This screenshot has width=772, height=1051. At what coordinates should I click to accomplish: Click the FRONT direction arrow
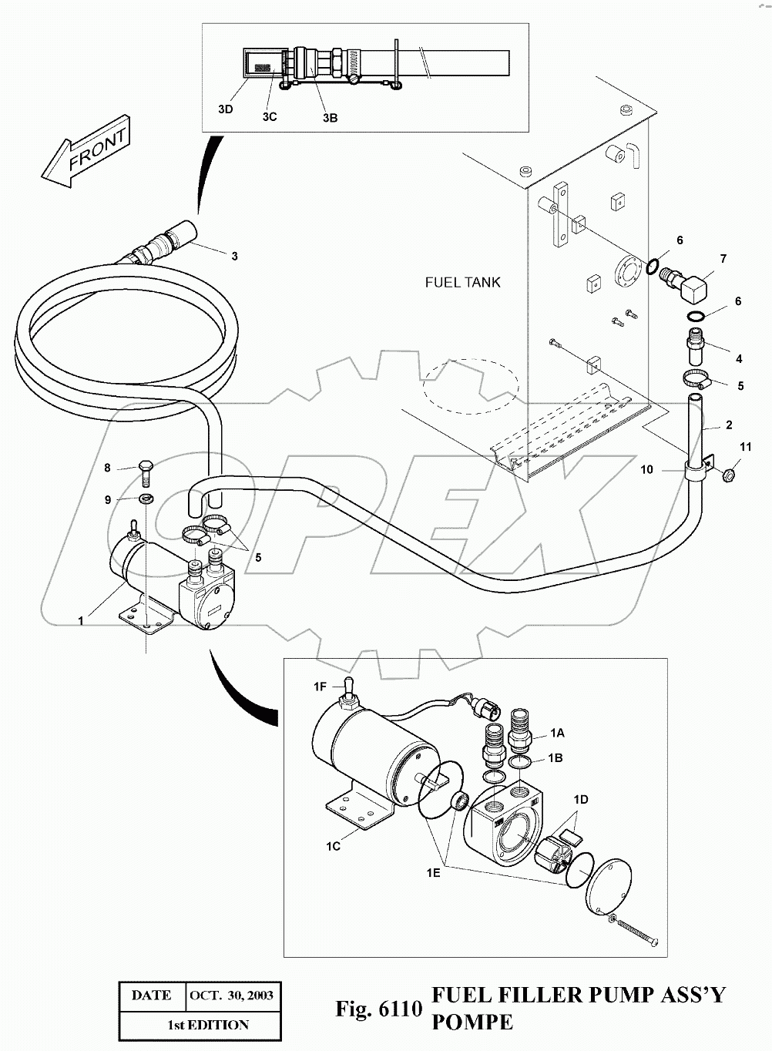86,152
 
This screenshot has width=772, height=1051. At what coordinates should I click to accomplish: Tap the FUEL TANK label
462,282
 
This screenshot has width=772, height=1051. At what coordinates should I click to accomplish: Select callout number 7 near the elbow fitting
723,259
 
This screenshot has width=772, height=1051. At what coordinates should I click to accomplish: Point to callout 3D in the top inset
226,109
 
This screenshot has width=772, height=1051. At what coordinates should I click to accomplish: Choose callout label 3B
331,118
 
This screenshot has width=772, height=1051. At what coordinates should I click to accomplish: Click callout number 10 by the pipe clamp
646,469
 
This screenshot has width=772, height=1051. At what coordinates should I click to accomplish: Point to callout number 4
739,359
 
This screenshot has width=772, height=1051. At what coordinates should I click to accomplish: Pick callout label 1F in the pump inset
320,687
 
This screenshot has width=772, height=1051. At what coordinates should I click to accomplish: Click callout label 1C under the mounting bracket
333,847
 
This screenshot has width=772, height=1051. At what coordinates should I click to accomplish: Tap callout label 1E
433,873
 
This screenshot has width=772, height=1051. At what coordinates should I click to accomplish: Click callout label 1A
557,733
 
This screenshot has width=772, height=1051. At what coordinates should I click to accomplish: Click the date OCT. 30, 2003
232,996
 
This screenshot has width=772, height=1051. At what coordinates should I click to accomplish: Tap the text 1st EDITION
208,1025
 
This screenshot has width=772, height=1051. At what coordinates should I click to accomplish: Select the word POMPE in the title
472,1022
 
